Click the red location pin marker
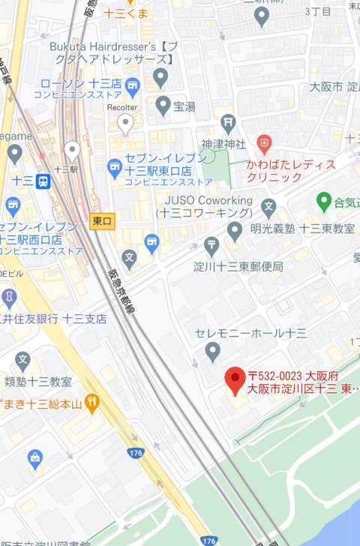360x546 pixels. pyautogui.click(x=236, y=377)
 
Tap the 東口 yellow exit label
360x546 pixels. pyautogui.click(x=101, y=221)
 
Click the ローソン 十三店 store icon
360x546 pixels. pyautogui.click(x=133, y=83)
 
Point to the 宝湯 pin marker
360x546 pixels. pyautogui.click(x=163, y=105)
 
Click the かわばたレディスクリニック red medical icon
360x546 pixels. pyautogui.click(x=263, y=142)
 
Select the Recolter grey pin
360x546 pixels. pyautogui.click(x=125, y=121)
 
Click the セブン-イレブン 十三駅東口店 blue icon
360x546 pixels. pyautogui.click(x=115, y=164)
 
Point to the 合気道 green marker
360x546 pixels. pyautogui.click(x=324, y=200)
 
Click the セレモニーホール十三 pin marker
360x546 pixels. pyautogui.click(x=213, y=350)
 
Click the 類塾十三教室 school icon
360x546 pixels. pyautogui.click(x=22, y=359)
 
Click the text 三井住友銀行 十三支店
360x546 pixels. pyautogui.click(x=52, y=319)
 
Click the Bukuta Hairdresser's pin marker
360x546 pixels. pyautogui.click(x=160, y=76)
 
